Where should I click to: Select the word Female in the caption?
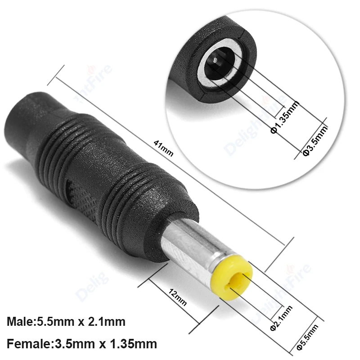point(26,344)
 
